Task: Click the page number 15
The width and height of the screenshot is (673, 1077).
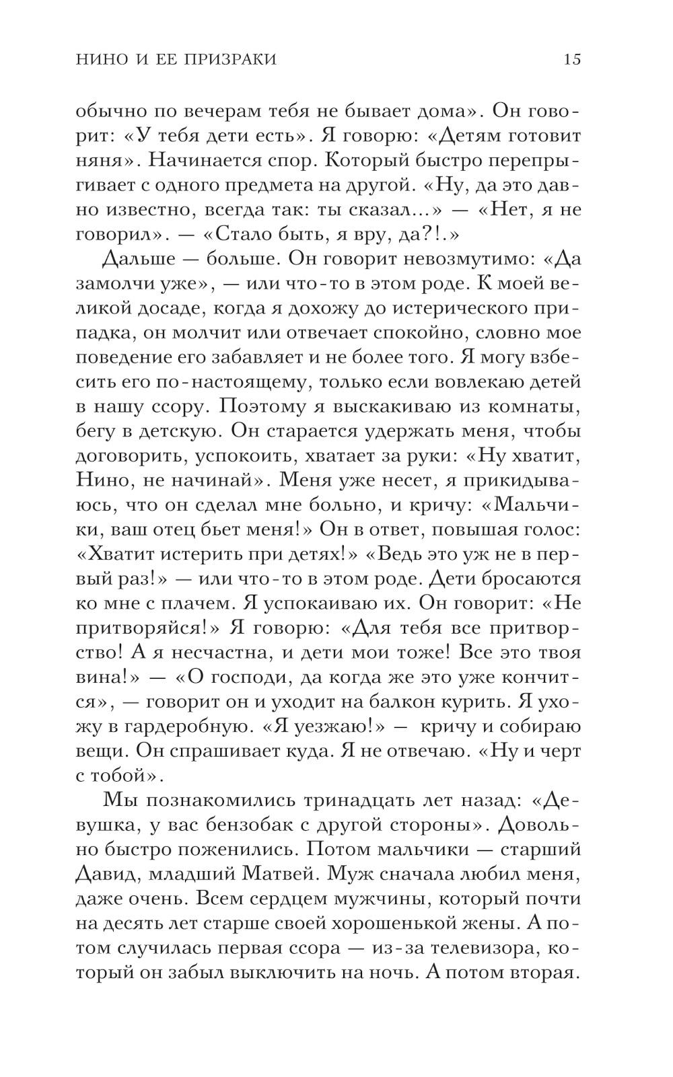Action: (571, 59)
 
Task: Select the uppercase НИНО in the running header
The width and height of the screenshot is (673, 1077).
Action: (98, 59)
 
